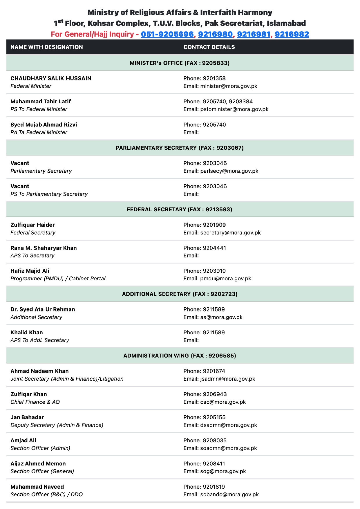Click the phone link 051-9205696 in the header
pyautogui.click(x=167, y=34)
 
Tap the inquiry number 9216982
pyautogui.click(x=292, y=34)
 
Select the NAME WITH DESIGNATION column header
pyautogui.click(x=47, y=47)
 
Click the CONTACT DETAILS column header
pyautogui.click(x=209, y=47)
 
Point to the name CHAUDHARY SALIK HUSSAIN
pyautogui.click(x=51, y=78)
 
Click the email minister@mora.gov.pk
pyautogui.click(x=229, y=86)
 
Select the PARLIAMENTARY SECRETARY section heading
pyautogui.click(x=180, y=148)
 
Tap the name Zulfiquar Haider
pyautogui.click(x=32, y=225)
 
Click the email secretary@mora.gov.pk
pyautogui.click(x=230, y=233)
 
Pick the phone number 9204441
pyautogui.click(x=214, y=248)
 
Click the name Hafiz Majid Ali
pyautogui.click(x=30, y=271)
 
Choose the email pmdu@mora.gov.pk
pyautogui.click(x=225, y=279)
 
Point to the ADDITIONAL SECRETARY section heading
pyautogui.click(x=180, y=294)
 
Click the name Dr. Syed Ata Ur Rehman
pyautogui.click(x=43, y=309)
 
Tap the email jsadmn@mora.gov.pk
pyautogui.click(x=227, y=379)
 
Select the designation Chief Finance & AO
pyautogui.click(x=35, y=402)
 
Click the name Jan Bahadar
pyautogui.click(x=27, y=417)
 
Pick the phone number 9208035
pyautogui.click(x=215, y=441)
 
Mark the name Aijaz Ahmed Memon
pyautogui.click(x=38, y=464)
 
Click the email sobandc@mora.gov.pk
pyautogui.click(x=229, y=494)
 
